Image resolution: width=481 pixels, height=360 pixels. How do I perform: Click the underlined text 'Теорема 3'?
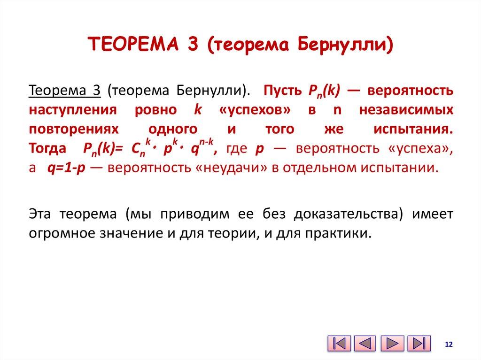[65, 91]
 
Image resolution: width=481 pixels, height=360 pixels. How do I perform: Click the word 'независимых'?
[406, 110]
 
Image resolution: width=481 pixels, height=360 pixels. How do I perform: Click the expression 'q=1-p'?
[66, 168]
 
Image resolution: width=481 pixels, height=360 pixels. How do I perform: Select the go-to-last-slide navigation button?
[419, 344]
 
